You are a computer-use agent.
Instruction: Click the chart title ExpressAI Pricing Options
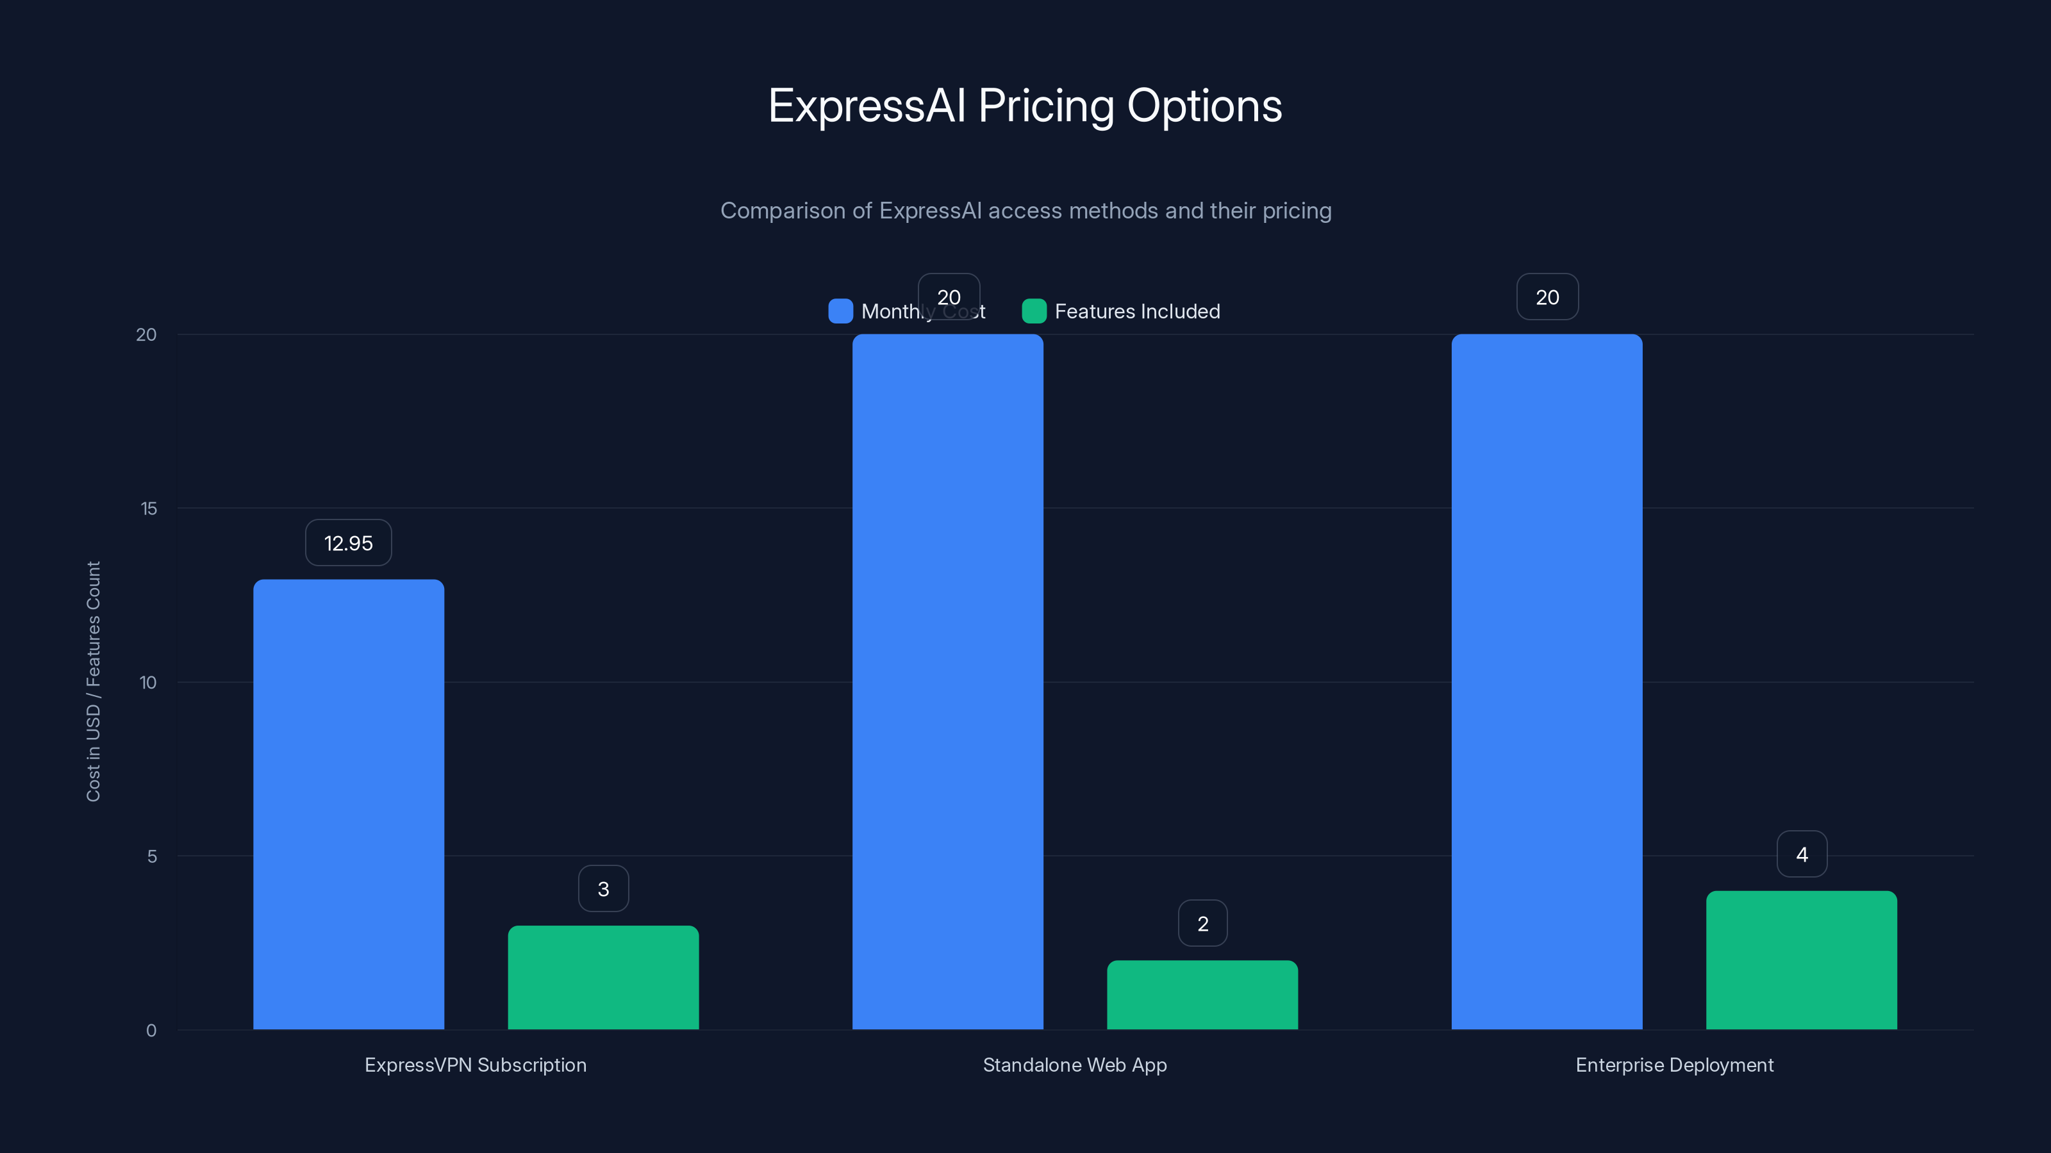click(1025, 106)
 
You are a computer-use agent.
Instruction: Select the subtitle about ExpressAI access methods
click(1025, 211)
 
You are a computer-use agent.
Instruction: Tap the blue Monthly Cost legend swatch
click(840, 311)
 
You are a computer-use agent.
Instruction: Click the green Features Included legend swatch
click(1033, 311)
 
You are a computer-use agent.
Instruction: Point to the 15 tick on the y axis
click(149, 509)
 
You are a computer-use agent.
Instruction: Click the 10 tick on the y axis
click(148, 683)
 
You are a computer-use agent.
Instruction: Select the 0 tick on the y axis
click(151, 1031)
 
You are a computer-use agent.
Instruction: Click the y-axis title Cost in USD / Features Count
click(93, 681)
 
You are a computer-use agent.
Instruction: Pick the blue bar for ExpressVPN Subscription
click(349, 804)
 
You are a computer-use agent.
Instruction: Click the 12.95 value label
click(348, 543)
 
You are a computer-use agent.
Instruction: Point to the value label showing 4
click(1802, 855)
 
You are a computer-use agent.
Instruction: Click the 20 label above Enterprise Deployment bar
click(1547, 298)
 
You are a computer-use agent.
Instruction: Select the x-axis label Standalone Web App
click(1075, 1065)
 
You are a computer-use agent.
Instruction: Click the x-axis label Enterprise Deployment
click(1673, 1065)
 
